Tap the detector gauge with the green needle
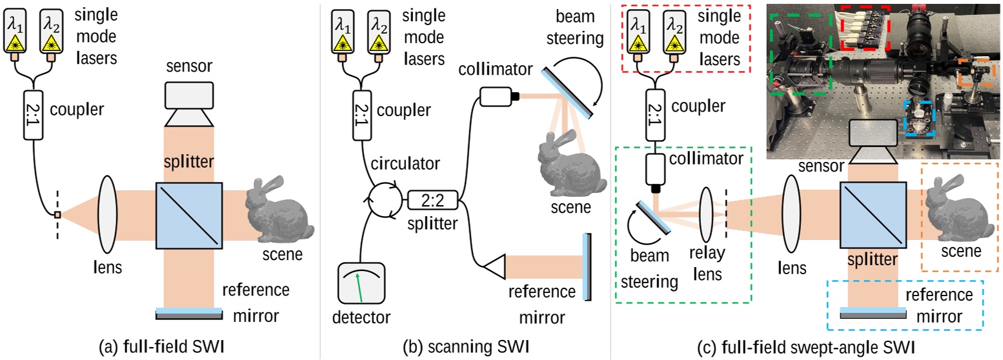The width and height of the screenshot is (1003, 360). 361,286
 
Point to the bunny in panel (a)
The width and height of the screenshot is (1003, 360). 279,203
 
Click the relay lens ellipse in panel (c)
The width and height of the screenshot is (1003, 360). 706,215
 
